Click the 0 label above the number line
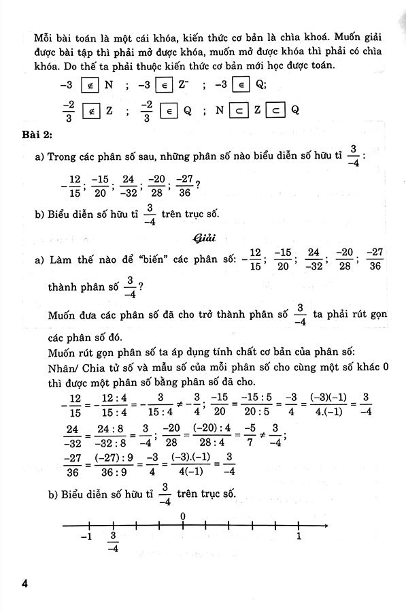coord(183,515)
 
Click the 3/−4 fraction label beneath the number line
coord(113,542)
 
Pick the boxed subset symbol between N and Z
coord(237,110)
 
